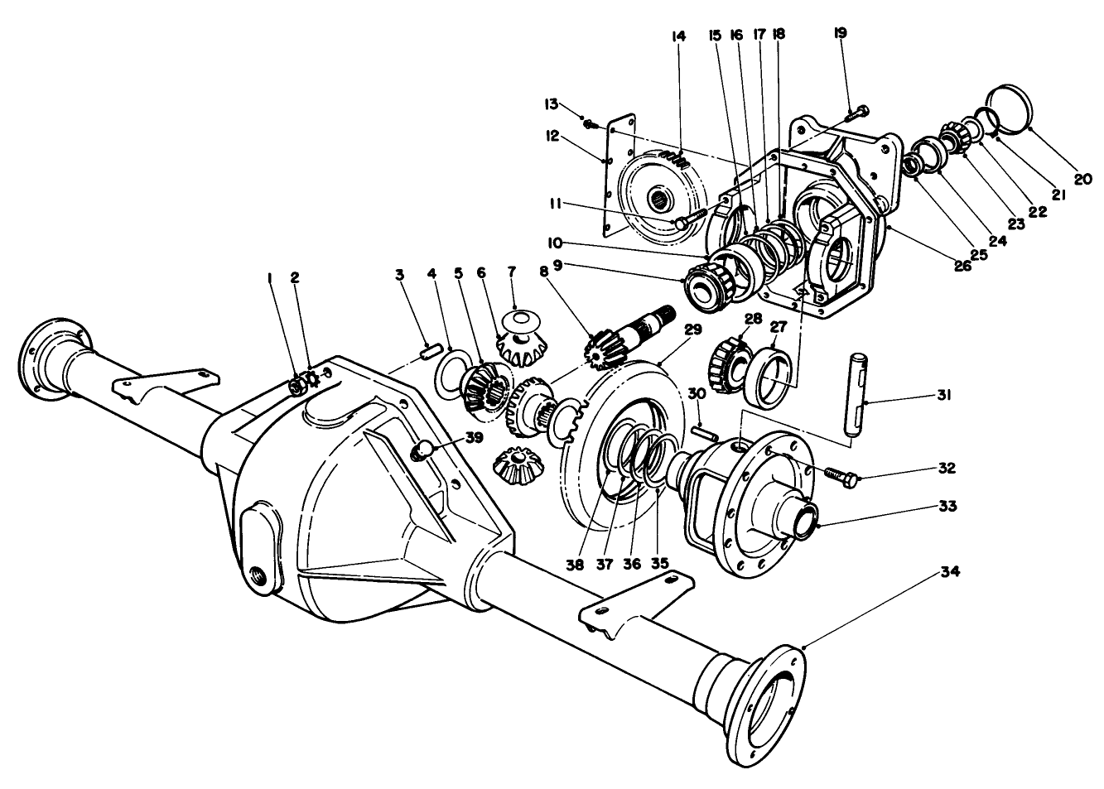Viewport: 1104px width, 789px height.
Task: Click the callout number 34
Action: tap(951, 572)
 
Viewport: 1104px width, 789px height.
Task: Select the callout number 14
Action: tap(679, 37)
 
